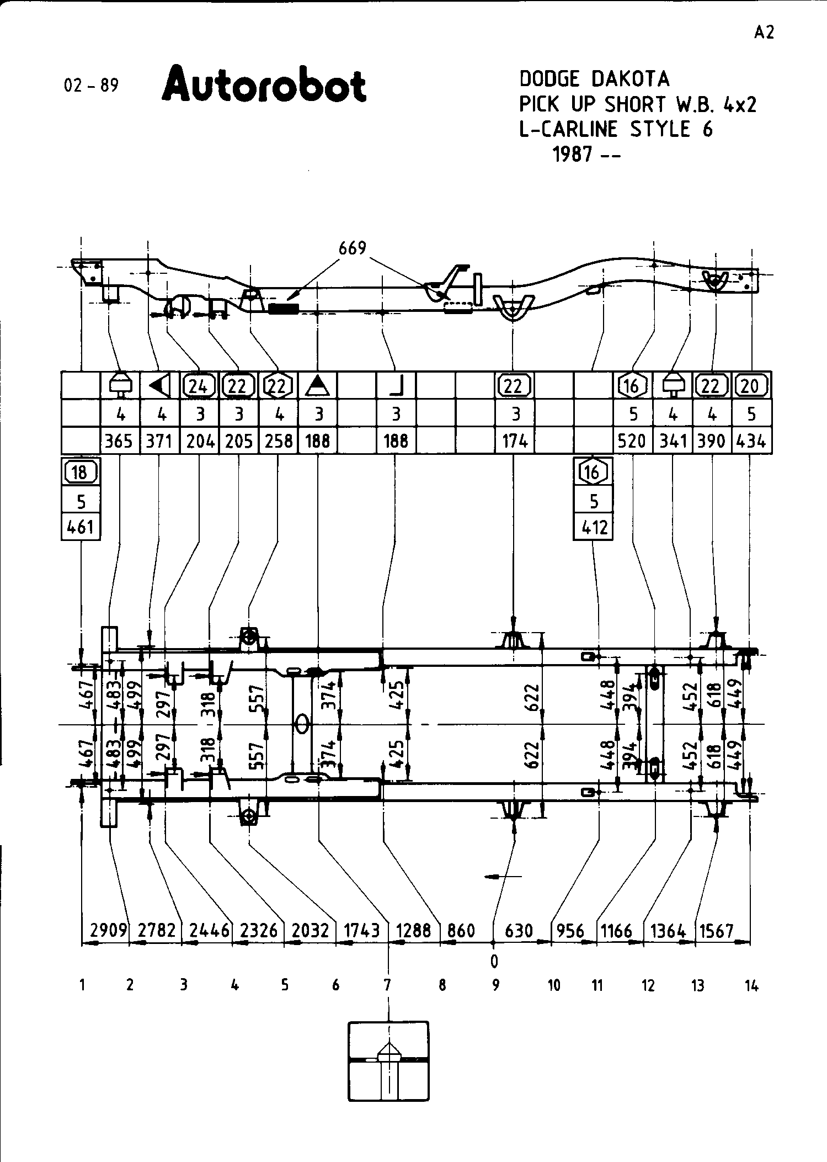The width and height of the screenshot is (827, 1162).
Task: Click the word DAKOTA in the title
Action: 630,79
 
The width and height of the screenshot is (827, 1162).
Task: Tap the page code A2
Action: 764,33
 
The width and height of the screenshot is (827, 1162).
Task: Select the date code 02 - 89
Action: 91,86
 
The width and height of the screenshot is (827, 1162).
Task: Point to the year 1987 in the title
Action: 573,155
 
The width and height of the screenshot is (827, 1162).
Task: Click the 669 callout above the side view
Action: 353,248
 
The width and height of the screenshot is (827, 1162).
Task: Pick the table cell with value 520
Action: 632,441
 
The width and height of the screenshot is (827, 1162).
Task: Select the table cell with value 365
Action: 119,441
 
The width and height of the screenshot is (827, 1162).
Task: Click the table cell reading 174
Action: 515,441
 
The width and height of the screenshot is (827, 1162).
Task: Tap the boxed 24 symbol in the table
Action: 199,386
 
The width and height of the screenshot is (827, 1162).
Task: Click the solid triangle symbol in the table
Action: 317,385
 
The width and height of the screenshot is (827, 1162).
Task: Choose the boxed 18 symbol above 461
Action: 81,473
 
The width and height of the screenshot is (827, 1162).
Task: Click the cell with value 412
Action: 593,528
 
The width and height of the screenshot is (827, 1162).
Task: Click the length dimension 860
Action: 461,931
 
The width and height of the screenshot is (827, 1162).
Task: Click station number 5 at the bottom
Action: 285,985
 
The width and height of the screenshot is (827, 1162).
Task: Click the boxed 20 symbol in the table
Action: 750,386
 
